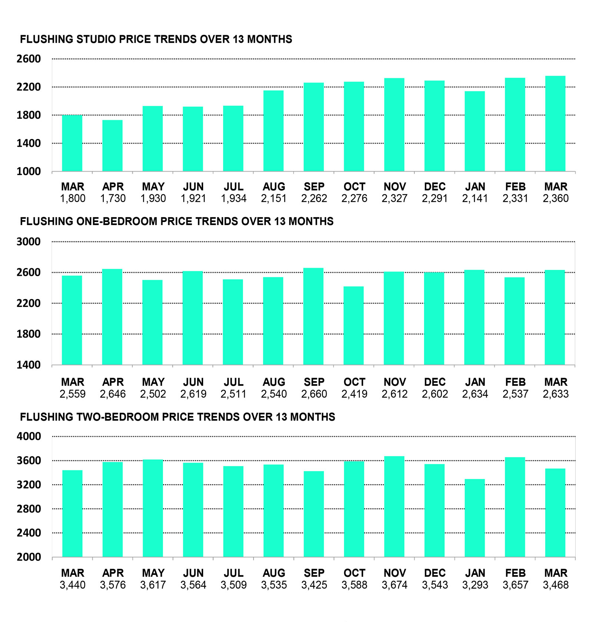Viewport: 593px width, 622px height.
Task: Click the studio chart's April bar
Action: pyautogui.click(x=112, y=146)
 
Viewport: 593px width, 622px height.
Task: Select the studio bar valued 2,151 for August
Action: pyautogui.click(x=274, y=131)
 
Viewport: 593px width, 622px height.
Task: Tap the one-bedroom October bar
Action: pyautogui.click(x=354, y=325)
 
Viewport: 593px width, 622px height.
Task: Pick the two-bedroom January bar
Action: pyautogui.click(x=475, y=518)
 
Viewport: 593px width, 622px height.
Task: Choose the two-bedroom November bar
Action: pyautogui.click(x=394, y=506)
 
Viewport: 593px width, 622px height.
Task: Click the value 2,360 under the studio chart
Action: pyautogui.click(x=556, y=199)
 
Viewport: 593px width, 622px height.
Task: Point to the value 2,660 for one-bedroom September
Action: pyautogui.click(x=314, y=394)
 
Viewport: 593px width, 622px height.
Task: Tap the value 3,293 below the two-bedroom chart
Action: pyautogui.click(x=475, y=585)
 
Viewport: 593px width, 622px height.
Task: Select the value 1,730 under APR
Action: pyautogui.click(x=113, y=199)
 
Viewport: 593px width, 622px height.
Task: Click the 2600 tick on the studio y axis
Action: pyautogui.click(x=29, y=59)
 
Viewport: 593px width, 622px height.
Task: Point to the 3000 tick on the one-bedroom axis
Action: pyautogui.click(x=29, y=242)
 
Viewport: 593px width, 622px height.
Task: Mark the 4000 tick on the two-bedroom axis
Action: pyautogui.click(x=29, y=436)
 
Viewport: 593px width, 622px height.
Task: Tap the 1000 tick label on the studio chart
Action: pyautogui.click(x=29, y=172)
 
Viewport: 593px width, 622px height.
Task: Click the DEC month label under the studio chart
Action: pyautogui.click(x=435, y=187)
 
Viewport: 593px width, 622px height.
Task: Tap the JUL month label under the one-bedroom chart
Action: pyautogui.click(x=233, y=382)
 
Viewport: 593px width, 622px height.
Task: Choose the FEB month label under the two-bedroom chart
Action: pyautogui.click(x=515, y=573)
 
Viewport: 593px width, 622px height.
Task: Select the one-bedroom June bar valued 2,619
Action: pyautogui.click(x=193, y=318)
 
